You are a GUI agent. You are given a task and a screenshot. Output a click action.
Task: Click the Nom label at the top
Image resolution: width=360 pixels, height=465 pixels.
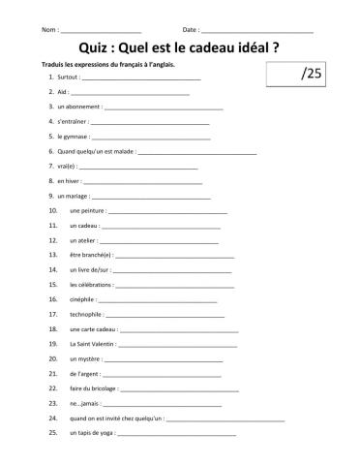[x=50, y=31]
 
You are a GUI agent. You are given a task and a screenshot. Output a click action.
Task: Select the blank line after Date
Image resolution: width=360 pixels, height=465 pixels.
[x=258, y=32]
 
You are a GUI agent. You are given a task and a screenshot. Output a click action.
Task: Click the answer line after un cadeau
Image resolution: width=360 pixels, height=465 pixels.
[x=165, y=226]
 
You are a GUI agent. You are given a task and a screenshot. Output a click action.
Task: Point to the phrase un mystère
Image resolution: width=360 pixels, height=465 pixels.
[x=86, y=359]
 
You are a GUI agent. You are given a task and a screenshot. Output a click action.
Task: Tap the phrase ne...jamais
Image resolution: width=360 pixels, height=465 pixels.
[x=85, y=404]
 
